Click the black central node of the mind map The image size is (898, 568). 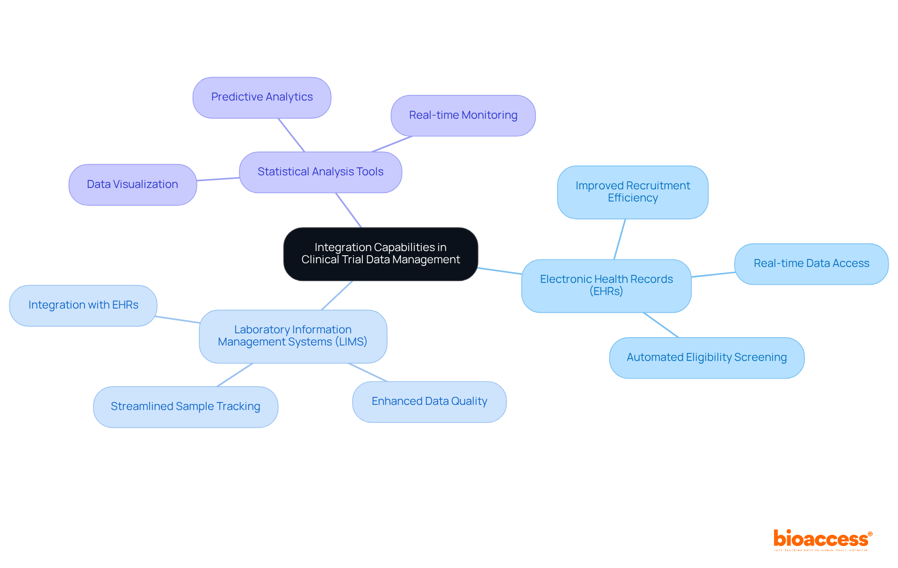380,254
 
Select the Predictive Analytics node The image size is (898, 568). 262,97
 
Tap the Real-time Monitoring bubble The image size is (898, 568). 463,115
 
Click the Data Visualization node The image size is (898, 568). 132,184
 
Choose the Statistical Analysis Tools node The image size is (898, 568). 320,172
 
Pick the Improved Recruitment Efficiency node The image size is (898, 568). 632,192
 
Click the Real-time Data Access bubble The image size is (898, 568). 811,264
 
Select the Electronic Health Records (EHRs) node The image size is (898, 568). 606,286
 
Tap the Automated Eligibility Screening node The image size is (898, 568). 706,358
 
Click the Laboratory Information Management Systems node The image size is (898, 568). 293,336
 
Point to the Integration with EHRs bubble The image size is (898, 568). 83,305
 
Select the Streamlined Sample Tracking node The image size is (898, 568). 185,407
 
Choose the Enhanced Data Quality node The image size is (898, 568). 429,402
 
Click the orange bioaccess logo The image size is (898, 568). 822,539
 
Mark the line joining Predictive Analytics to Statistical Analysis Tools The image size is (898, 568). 291,135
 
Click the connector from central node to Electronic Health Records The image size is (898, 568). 500,271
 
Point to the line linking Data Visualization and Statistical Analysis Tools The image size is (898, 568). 218,179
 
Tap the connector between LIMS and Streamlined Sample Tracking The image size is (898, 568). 235,375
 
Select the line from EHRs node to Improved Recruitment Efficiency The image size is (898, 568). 620,239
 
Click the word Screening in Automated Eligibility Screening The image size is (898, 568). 760,358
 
